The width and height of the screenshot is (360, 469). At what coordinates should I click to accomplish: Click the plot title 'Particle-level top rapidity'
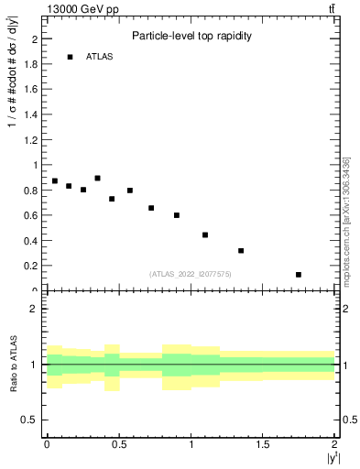191,36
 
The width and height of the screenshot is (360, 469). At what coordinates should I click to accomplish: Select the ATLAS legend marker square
70,57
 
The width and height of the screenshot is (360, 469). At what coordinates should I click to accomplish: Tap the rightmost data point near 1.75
299,275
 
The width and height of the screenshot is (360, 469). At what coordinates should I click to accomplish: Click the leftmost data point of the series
55,181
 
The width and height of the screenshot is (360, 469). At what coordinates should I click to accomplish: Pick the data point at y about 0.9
97,179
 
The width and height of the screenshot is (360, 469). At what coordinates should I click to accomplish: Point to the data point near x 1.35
241,251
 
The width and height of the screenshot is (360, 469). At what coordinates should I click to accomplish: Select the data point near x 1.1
205,235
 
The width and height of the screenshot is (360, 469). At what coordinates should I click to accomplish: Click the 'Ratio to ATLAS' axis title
14,364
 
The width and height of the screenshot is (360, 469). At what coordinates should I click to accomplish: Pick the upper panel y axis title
13,102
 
